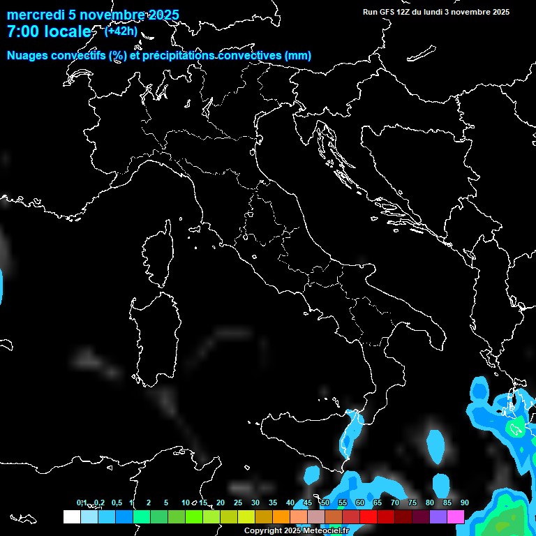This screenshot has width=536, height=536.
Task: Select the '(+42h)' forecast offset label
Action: pos(121,31)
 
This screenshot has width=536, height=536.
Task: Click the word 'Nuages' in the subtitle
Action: pos(28,56)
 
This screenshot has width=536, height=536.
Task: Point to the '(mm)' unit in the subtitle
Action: pos(298,56)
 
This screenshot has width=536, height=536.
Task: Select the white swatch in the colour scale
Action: pos(71,516)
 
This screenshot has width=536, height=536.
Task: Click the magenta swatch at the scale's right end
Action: pos(456,516)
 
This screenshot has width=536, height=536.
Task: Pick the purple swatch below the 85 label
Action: pos(438,516)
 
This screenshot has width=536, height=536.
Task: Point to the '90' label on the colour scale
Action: pos(465,502)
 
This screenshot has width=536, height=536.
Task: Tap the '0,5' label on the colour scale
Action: pos(116,502)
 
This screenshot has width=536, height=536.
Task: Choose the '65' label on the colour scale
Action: pos(378,502)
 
